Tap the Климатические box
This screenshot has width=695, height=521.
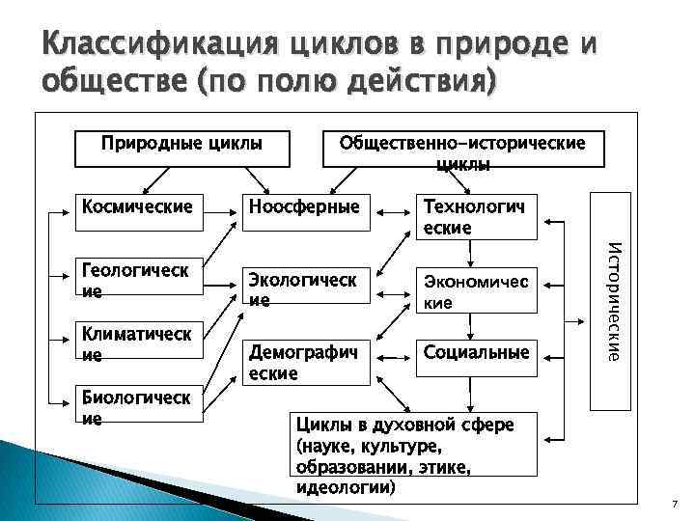(x=140, y=343)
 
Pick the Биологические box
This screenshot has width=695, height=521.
(x=140, y=407)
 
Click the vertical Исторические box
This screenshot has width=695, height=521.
(x=611, y=302)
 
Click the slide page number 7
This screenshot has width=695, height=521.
(x=675, y=506)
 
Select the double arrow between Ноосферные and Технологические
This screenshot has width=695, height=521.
(x=391, y=208)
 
